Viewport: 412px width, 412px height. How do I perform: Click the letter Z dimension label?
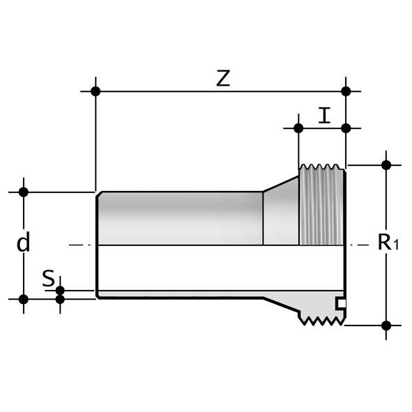coord(222,79)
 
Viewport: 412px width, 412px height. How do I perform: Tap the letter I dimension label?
coord(323,115)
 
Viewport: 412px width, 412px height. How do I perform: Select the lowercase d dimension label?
coord(24,243)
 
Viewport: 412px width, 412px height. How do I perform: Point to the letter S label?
coord(47,278)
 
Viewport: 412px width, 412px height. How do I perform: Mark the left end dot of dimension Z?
coord(96,91)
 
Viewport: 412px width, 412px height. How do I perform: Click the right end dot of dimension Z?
coord(346,91)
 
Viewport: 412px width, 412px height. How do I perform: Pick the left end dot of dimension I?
coord(298,128)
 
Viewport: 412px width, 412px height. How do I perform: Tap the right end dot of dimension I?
coord(346,128)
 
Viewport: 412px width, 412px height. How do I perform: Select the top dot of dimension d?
coord(24,192)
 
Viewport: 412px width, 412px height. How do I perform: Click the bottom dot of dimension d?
coord(24,299)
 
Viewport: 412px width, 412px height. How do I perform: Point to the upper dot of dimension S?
coord(60,290)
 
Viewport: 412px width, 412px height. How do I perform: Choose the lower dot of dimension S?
coord(60,300)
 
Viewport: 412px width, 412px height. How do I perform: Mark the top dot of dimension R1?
coord(386,165)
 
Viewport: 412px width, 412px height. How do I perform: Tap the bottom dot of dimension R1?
coord(386,325)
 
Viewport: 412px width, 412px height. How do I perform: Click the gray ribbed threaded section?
coord(321,206)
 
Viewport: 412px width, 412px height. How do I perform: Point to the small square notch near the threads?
coord(339,303)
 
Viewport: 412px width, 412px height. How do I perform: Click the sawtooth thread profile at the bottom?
coord(322,319)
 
